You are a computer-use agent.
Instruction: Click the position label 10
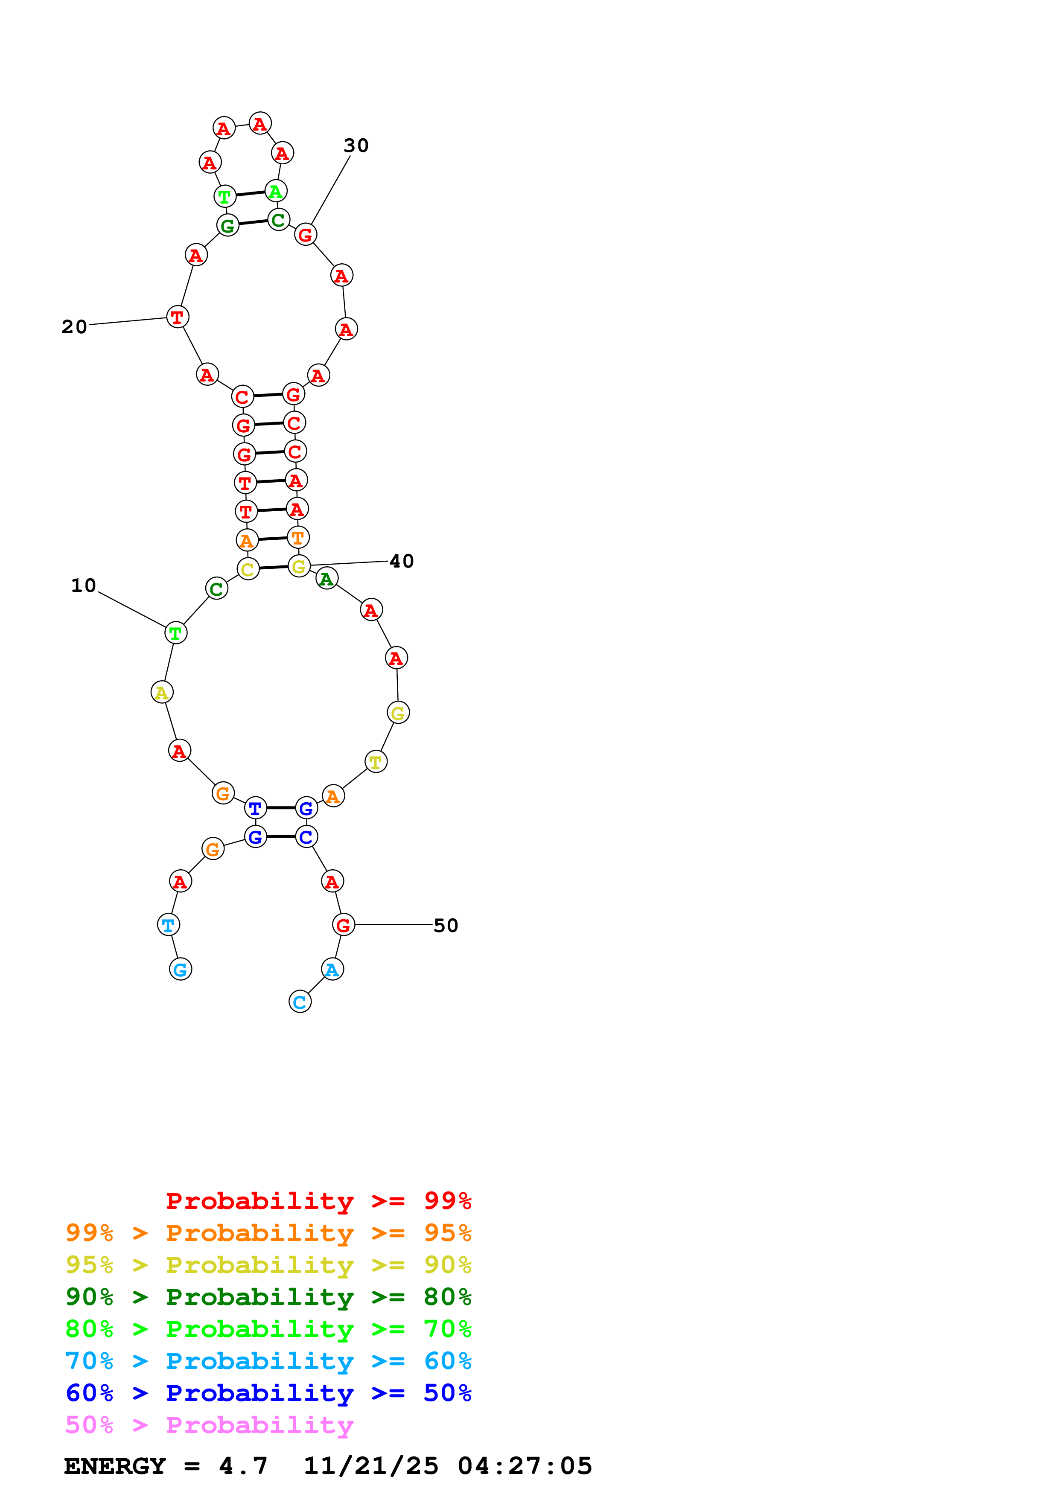tap(84, 585)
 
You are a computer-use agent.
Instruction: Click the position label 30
tap(356, 146)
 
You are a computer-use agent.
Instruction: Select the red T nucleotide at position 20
tap(177, 317)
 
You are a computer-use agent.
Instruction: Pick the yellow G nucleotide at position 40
tap(299, 567)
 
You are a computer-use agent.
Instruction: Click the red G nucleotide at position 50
tap(344, 925)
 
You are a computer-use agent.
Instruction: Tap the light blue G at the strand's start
tap(181, 970)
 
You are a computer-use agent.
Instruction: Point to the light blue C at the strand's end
tap(300, 1002)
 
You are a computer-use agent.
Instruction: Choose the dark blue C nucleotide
tap(306, 837)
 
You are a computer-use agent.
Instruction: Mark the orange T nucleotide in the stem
tap(298, 538)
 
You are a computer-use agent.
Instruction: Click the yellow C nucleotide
tap(248, 569)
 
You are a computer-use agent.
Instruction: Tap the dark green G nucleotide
tap(227, 226)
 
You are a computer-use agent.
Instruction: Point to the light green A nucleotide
tap(276, 192)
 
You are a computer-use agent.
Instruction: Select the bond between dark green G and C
tap(253, 223)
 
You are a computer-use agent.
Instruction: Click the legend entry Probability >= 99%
tap(318, 1200)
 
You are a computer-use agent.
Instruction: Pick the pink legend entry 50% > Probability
tap(209, 1424)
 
